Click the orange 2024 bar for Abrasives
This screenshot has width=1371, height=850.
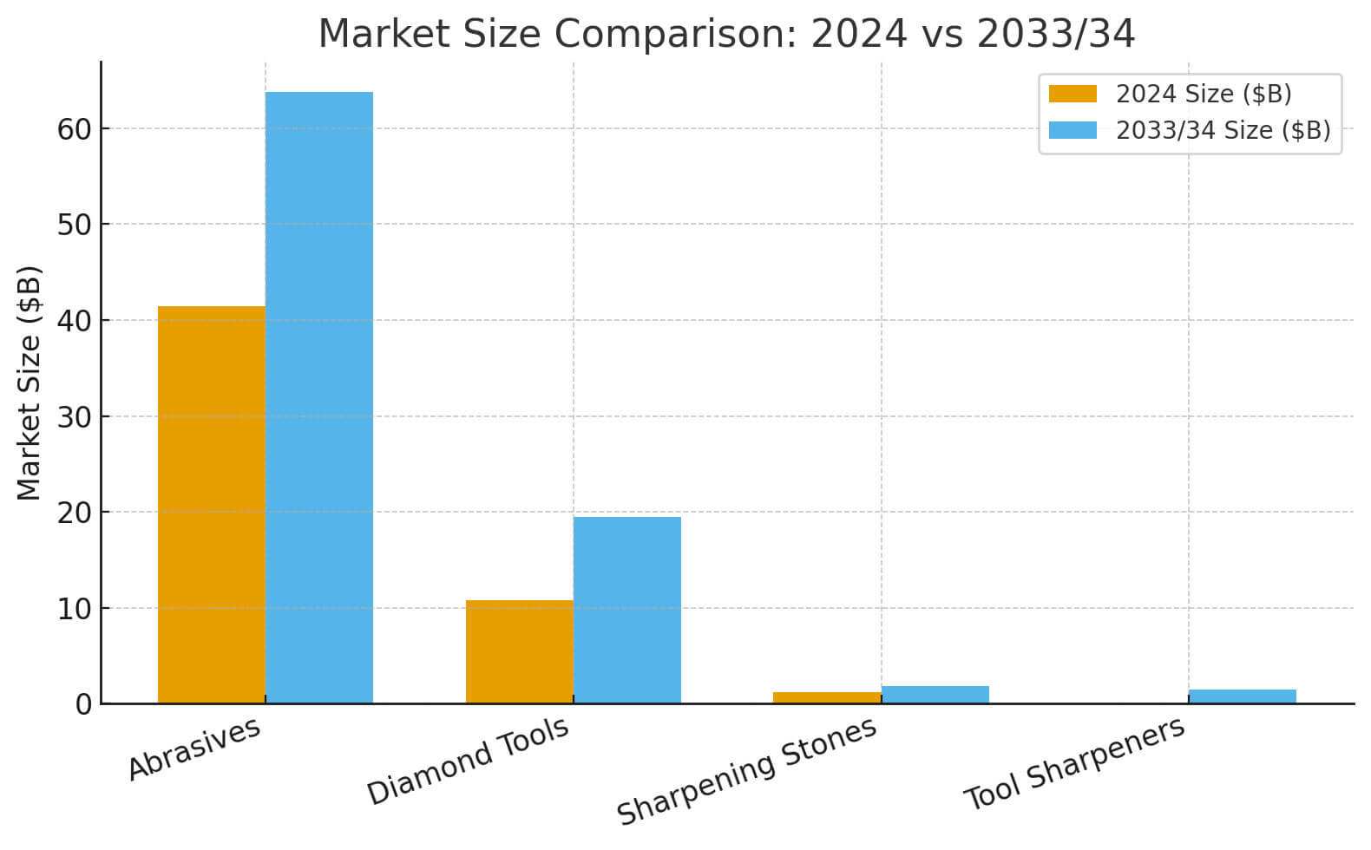click(211, 504)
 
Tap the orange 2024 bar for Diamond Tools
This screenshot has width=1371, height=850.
click(519, 651)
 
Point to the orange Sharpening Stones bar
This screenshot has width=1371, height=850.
click(826, 697)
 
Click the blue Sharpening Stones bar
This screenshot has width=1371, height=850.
click(935, 695)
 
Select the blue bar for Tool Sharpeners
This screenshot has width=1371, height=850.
click(1242, 696)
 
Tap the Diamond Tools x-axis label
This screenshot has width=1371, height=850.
click(468, 761)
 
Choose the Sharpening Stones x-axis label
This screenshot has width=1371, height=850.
click(746, 771)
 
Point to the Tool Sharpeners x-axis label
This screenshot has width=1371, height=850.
click(1074, 763)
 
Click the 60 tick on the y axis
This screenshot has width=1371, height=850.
click(75, 129)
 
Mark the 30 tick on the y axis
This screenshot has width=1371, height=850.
click(75, 417)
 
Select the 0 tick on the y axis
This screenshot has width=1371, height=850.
click(83, 704)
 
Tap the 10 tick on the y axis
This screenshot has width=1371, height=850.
click(75, 609)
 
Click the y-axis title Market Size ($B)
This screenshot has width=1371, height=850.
click(30, 382)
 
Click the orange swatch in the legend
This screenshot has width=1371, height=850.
click(1072, 94)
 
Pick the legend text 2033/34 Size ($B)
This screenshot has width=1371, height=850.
click(1223, 130)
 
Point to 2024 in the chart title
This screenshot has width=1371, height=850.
click(858, 35)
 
